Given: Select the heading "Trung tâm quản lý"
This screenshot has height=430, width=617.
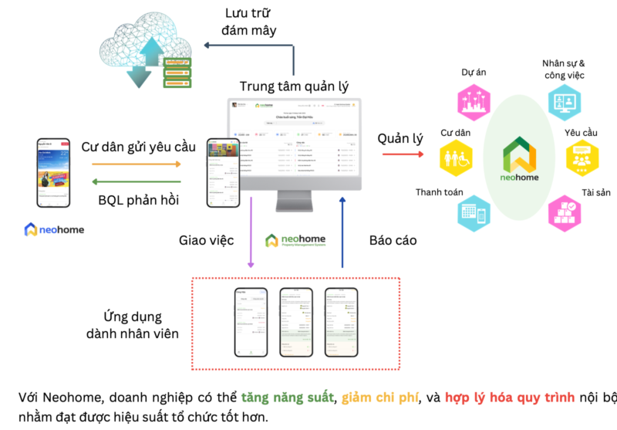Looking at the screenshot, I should click(294, 86).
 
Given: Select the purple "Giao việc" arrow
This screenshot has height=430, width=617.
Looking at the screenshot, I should click(250, 232).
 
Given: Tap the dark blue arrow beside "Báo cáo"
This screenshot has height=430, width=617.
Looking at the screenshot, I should click(342, 232).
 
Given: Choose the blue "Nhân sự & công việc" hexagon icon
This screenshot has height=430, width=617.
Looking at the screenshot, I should click(562, 101).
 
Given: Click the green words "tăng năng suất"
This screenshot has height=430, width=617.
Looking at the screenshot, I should click(287, 398).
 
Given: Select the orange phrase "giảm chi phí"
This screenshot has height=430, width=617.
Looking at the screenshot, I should click(379, 398).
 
